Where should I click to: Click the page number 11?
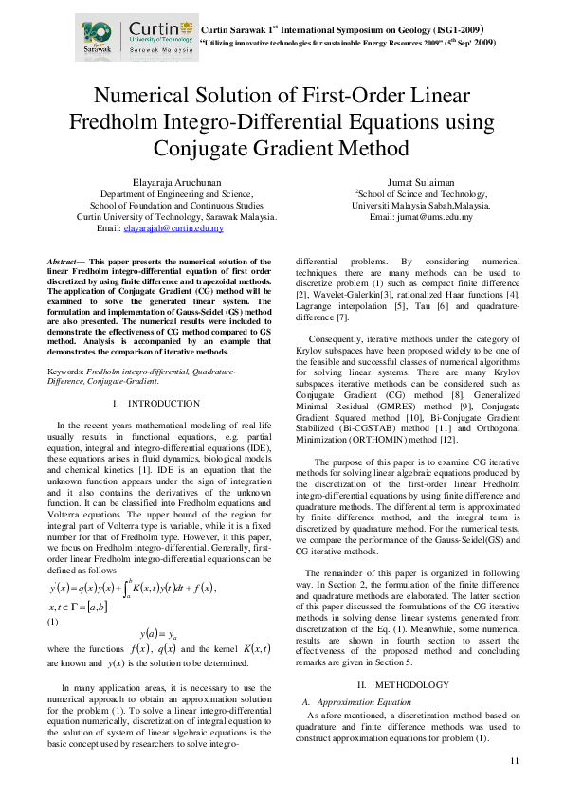tap(515, 761)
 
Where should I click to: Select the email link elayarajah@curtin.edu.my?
tap(187, 228)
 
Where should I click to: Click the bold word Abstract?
tap(64, 260)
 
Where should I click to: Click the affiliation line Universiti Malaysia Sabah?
tap(421, 205)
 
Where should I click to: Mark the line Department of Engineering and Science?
tap(177, 192)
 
